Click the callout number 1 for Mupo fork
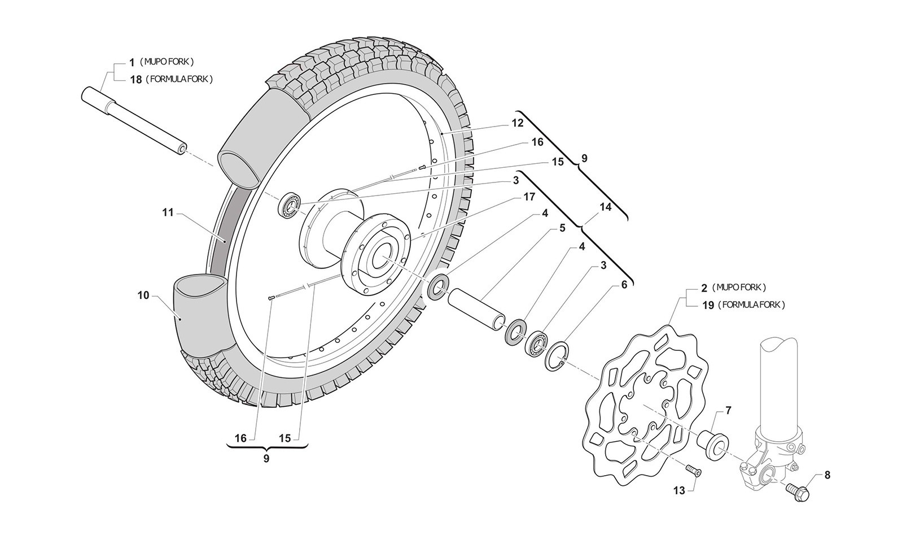(132, 61)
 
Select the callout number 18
(135, 79)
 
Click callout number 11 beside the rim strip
(167, 213)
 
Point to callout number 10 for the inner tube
(143, 295)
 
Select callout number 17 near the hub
(528, 197)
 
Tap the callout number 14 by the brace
(605, 207)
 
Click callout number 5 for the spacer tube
(562, 228)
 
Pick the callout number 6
(624, 285)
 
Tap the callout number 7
(728, 411)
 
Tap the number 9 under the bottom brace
(266, 458)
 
